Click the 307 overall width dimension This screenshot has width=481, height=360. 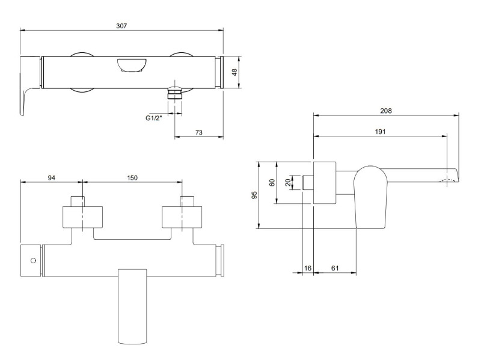pos(122,25)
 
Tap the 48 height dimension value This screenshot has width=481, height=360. pos(235,72)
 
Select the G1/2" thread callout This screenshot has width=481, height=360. pos(155,118)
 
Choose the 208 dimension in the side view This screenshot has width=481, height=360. pos(386,110)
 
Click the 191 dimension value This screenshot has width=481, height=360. pos(380,131)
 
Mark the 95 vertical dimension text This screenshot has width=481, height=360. pos(254,195)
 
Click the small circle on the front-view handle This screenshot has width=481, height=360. pos(32,261)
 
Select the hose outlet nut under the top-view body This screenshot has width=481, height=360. pos(174,94)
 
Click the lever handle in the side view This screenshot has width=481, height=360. pos(371,198)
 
